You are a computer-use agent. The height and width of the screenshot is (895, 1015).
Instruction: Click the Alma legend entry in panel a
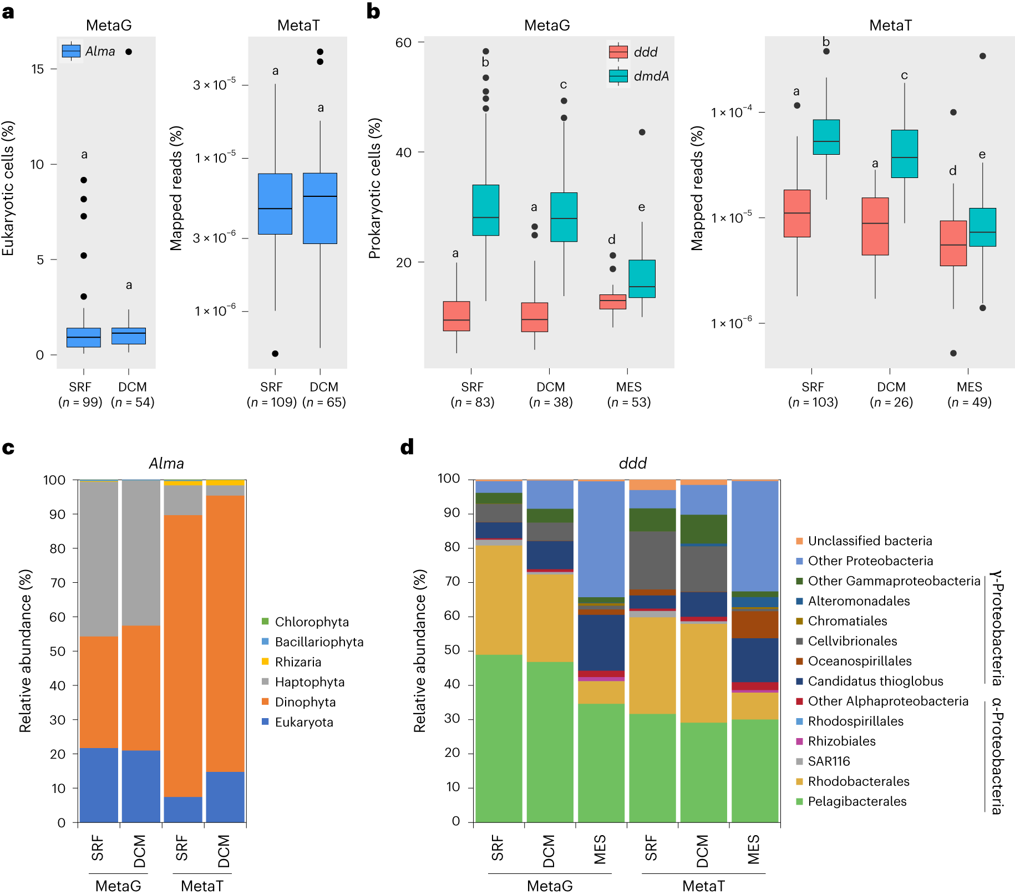tap(89, 52)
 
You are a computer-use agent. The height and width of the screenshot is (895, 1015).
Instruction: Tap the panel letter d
tap(407, 447)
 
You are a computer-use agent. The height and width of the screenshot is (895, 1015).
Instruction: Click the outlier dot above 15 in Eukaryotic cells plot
tap(129, 52)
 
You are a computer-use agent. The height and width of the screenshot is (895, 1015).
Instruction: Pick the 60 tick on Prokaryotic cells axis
tap(403, 43)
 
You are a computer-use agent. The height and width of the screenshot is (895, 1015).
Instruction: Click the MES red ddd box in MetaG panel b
tap(612, 302)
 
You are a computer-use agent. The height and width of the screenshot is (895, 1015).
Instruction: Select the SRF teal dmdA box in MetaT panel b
tap(826, 137)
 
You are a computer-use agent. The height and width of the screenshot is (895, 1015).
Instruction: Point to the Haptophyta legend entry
tap(309, 682)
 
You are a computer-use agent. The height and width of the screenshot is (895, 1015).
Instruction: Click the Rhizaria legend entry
tap(297, 662)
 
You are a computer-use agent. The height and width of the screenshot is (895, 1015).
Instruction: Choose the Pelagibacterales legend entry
tap(856, 801)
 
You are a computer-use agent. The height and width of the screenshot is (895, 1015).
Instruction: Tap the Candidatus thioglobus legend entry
tap(875, 681)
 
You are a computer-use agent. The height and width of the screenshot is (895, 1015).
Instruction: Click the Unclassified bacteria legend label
tap(869, 541)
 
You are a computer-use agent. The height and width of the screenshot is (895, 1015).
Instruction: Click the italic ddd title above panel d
tap(632, 463)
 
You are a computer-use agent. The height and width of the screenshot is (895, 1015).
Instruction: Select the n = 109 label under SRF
tap(271, 402)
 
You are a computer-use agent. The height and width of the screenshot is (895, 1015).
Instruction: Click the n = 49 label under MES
tap(969, 402)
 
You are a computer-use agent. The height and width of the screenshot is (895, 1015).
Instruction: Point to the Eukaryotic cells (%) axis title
tap(8, 189)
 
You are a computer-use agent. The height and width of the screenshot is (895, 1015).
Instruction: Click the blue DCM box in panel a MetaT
tap(320, 209)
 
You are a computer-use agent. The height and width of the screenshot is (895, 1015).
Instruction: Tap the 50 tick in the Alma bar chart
tap(58, 651)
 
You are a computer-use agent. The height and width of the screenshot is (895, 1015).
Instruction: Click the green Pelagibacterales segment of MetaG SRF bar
tap(498, 738)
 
